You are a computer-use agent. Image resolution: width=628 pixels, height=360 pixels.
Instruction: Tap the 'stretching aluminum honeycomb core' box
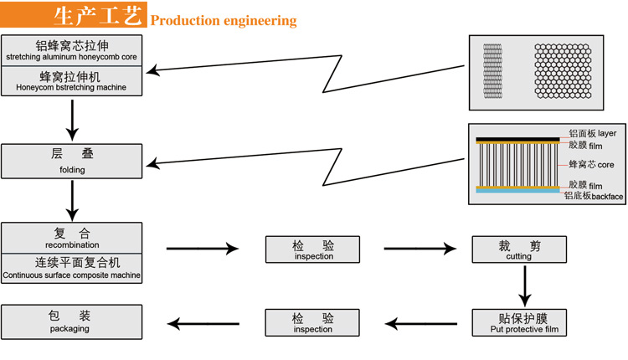pyautogui.click(x=71, y=50)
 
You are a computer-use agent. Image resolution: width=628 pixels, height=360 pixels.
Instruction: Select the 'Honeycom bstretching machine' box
pyautogui.click(x=71, y=80)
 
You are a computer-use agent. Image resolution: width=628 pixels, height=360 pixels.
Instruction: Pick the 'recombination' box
pyautogui.click(x=71, y=238)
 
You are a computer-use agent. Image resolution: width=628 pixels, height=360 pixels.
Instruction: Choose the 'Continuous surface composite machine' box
pyautogui.click(x=71, y=268)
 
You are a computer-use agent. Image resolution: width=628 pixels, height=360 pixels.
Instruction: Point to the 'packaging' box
pyautogui.click(x=71, y=321)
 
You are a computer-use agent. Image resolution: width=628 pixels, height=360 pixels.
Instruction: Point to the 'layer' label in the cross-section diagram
pyautogui.click(x=606, y=133)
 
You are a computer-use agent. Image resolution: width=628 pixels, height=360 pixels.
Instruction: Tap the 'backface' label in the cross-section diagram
pyautogui.click(x=606, y=196)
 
